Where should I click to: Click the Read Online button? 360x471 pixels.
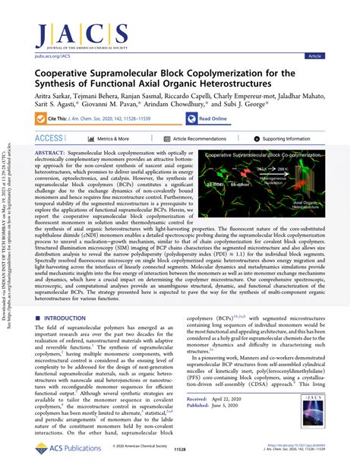coord(208,119)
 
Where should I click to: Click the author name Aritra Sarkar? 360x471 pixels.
coord(55,96)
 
